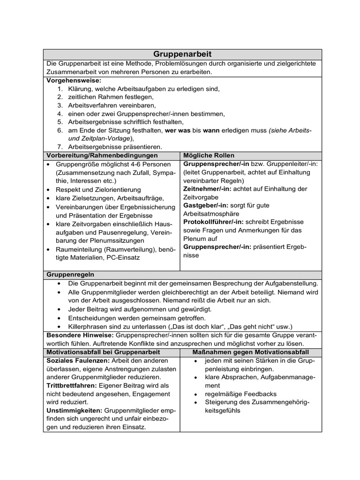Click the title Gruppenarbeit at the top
click(182, 54)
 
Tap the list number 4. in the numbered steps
click(60, 114)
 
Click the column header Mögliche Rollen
click(209, 155)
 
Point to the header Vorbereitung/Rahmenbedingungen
click(102, 155)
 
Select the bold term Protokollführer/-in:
click(213, 222)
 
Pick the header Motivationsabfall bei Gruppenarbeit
click(104, 352)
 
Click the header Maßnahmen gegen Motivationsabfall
click(250, 352)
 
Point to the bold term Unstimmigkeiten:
click(74, 410)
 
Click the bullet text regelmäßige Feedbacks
click(240, 394)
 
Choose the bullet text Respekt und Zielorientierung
click(98, 189)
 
